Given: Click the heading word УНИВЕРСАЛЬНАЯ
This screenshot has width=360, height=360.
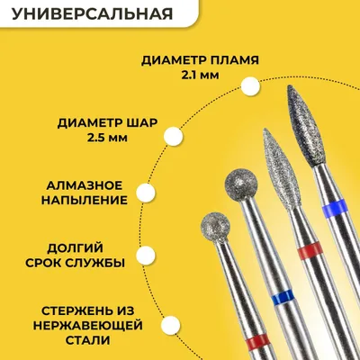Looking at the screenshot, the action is (93, 13).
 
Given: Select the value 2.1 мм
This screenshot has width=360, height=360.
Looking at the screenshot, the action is (200, 75).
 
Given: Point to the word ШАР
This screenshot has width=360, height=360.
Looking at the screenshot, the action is (141, 123).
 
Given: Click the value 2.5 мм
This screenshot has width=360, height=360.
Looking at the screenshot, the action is (108, 139).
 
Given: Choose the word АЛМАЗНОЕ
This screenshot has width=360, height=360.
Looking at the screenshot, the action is (85, 185).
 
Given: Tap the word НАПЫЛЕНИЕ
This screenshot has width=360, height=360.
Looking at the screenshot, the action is (85, 201).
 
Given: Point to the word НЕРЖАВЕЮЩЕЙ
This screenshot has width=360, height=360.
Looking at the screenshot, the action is (87, 326).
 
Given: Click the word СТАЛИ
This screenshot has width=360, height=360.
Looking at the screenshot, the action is (87, 340).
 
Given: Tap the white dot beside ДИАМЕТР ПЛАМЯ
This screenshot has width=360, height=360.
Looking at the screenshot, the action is (250, 86).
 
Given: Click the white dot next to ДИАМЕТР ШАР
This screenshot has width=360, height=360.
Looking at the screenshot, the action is (174, 136).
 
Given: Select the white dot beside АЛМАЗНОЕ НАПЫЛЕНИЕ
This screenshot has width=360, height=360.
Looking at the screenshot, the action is (146, 193).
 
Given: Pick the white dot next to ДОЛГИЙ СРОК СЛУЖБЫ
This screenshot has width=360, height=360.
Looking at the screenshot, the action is (146, 255).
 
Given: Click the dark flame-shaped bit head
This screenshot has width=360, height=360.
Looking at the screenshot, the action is (301, 125).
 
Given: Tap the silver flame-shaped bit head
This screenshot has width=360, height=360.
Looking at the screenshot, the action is (278, 168).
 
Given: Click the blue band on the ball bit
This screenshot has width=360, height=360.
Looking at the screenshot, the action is (282, 297).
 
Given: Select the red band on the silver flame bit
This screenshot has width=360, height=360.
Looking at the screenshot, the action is (310, 251).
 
